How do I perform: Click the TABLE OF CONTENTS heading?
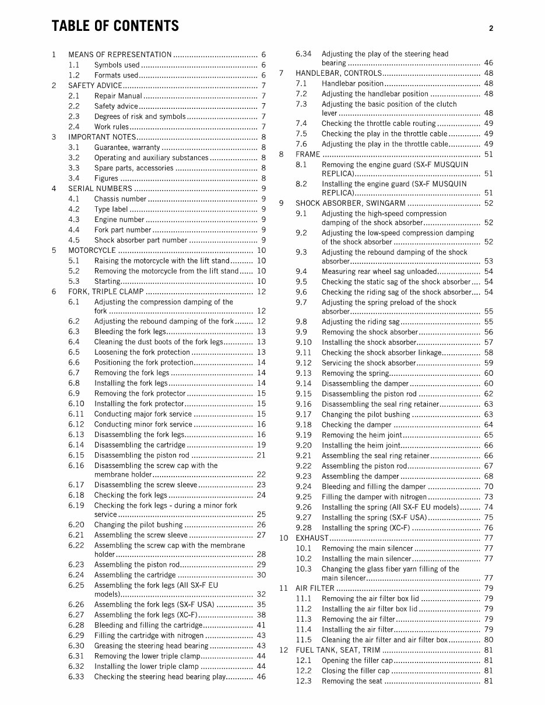pos(115,26)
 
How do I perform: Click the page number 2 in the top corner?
pos(491,28)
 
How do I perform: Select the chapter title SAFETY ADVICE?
pos(95,86)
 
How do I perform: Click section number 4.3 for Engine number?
pos(74,220)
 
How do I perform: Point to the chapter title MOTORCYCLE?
pos(92,251)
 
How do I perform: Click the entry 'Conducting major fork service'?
pos(143,414)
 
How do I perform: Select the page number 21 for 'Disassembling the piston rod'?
pos(261,455)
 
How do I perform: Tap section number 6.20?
pos(76,524)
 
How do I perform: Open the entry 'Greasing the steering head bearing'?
pos(151,646)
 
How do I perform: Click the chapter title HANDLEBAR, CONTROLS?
pos(339,73)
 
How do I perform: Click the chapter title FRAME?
pos(308,154)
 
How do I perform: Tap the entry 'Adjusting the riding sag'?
pos(360,322)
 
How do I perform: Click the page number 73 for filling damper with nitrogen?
pos(488,497)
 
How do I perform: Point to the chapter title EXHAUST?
pos(312,538)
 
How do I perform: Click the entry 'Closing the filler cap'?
pos(357,671)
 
